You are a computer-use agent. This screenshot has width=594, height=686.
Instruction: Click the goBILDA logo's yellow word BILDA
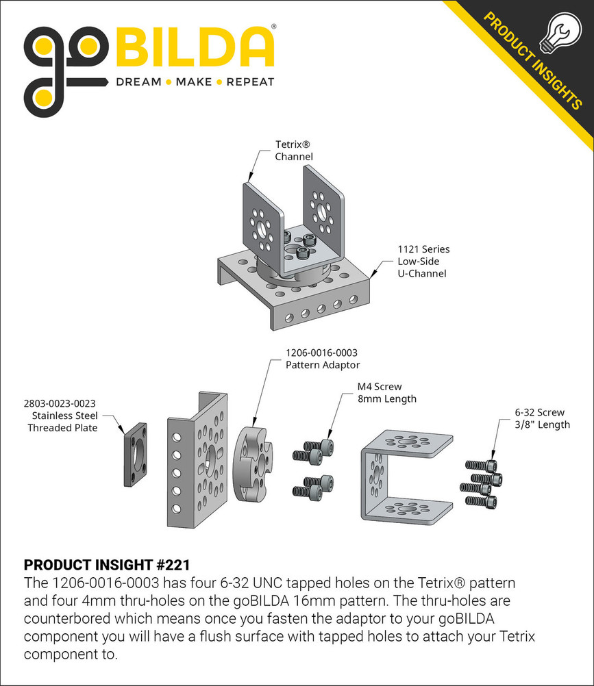[195, 48]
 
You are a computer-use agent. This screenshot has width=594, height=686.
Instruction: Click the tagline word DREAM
[138, 82]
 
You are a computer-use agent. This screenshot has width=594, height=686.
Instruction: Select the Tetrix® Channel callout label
[294, 151]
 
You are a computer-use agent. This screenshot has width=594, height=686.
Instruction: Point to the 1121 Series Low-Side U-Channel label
[423, 262]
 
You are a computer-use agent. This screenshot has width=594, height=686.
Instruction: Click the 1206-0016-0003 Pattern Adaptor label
[322, 359]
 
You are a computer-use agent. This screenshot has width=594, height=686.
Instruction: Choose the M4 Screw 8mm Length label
[386, 392]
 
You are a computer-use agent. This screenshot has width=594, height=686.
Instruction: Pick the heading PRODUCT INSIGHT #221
[106, 565]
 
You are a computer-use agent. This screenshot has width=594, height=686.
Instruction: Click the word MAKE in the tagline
[193, 82]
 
